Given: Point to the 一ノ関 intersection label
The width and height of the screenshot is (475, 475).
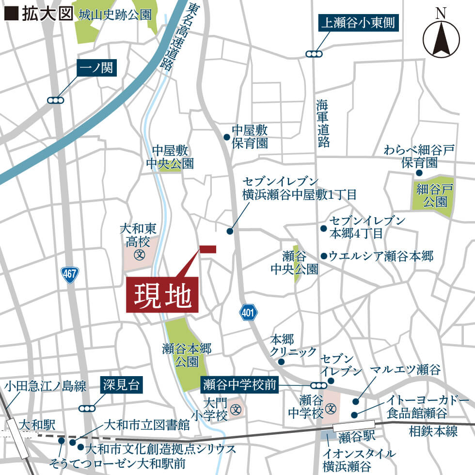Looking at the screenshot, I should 97,68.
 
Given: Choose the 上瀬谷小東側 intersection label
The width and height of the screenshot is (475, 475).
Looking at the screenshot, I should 358,23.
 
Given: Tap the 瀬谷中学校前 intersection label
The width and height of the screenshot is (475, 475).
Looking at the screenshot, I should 239,385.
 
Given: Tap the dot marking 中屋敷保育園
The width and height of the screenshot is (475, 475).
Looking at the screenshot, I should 226,137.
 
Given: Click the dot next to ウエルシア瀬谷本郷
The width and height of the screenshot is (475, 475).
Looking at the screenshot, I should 323,255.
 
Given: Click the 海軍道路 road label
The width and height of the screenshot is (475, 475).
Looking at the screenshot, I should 323,123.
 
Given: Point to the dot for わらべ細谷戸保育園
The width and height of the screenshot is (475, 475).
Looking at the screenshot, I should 419,173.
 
